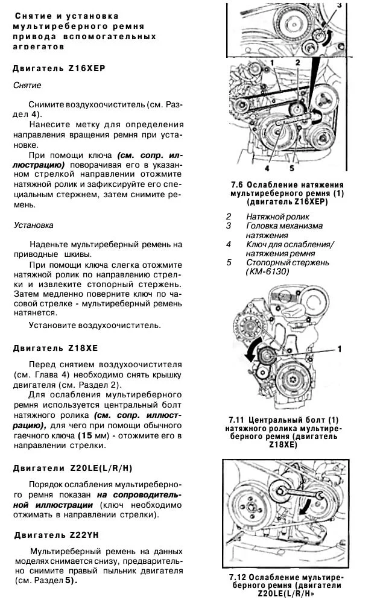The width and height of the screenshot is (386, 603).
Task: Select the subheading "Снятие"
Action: point(27,86)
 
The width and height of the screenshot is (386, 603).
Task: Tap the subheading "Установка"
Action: point(33,225)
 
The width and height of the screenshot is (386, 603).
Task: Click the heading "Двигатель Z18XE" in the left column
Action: point(55,348)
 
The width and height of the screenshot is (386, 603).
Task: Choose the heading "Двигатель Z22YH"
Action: point(55,534)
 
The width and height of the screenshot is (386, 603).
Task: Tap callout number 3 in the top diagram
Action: point(339,6)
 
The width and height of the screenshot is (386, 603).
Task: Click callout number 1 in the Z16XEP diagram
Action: point(273,63)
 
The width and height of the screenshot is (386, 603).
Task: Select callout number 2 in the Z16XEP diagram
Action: point(298,63)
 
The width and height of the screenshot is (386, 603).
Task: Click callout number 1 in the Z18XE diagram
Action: point(339,349)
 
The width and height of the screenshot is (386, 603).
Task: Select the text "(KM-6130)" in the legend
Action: point(268,272)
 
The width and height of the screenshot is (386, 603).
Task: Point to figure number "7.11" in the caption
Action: point(238,419)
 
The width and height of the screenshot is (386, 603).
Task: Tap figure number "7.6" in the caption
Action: point(238,184)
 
